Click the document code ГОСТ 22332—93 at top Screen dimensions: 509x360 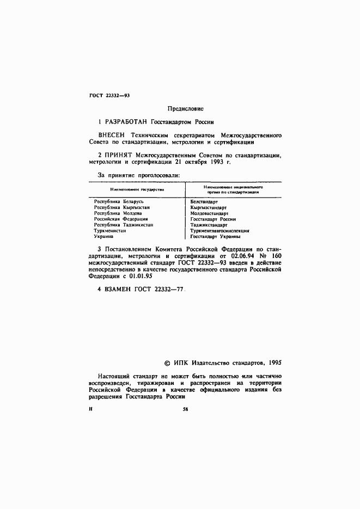click(x=109, y=95)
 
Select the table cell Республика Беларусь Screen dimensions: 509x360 click(x=119, y=201)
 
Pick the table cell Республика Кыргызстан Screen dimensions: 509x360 click(x=121, y=207)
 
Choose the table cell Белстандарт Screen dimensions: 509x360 click(x=204, y=201)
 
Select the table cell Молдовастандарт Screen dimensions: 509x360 click(x=210, y=213)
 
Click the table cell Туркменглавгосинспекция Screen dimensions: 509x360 click(x=220, y=231)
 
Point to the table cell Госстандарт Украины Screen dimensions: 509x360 click(x=215, y=237)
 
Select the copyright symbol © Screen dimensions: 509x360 click(x=167, y=361)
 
